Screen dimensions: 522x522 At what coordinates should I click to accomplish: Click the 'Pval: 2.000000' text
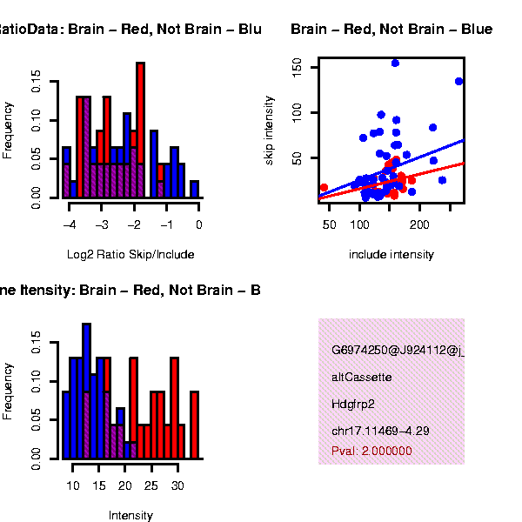click(x=371, y=451)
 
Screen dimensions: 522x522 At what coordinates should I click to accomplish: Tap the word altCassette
click(x=362, y=378)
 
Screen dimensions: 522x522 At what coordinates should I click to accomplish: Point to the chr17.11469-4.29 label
click(x=380, y=431)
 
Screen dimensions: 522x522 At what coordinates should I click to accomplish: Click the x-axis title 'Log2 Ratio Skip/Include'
click(x=130, y=255)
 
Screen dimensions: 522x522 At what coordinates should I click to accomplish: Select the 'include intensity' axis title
click(x=391, y=255)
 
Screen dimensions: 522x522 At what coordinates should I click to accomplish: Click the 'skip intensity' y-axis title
click(x=270, y=131)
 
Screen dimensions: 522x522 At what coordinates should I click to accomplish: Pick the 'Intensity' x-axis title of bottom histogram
click(x=130, y=515)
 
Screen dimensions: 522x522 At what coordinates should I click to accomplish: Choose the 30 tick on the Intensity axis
click(x=177, y=485)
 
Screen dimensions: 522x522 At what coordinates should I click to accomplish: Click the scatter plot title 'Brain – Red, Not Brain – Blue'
click(x=391, y=30)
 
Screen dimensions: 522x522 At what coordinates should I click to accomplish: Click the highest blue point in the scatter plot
click(x=395, y=63)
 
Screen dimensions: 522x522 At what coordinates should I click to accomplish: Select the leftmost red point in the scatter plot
click(x=324, y=187)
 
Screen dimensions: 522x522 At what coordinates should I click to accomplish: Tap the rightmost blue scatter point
click(x=458, y=81)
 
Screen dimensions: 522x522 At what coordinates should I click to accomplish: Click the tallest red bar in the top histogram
click(x=140, y=130)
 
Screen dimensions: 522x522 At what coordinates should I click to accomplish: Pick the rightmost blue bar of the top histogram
click(x=194, y=189)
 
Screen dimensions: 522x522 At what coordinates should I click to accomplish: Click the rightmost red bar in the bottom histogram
click(x=194, y=425)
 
